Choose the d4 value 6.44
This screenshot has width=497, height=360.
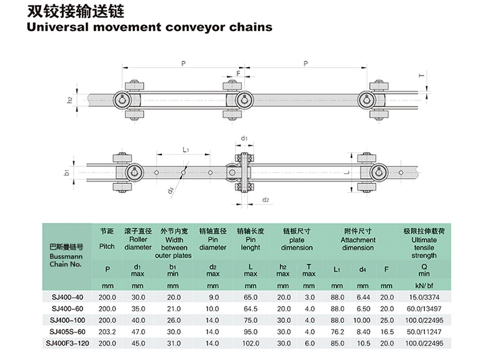[x=362, y=297]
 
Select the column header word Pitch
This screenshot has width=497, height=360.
[x=107, y=246]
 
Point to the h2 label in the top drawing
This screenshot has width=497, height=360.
[x=70, y=99]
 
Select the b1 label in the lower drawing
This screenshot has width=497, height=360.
[x=68, y=172]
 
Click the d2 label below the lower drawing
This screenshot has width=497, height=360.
[x=265, y=199]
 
